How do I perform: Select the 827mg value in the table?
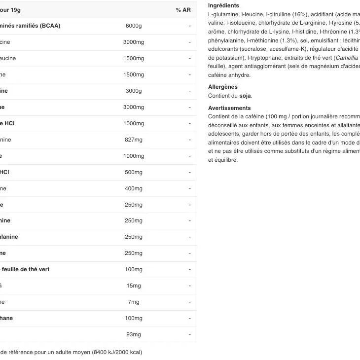click(133, 140)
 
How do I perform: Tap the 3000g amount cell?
click(133, 91)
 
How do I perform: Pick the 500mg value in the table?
click(133, 172)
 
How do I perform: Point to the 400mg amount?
click(133, 188)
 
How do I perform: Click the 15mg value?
click(133, 286)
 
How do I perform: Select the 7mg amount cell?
click(133, 302)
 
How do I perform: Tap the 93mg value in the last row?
click(133, 334)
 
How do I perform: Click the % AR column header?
click(183, 10)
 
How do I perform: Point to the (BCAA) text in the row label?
click(50, 26)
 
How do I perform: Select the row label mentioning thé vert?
click(26, 269)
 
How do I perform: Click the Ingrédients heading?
click(223, 5)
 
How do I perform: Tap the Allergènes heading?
click(223, 87)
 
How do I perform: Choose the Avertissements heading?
click(229, 108)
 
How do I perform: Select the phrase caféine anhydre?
click(229, 75)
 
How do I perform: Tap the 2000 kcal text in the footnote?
click(128, 352)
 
